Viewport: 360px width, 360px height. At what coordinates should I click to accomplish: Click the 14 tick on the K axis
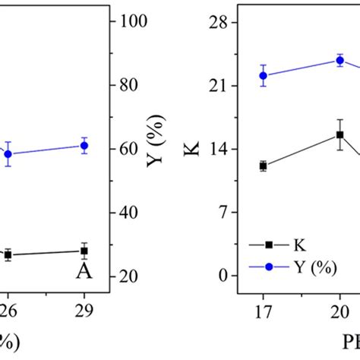[x=219, y=149]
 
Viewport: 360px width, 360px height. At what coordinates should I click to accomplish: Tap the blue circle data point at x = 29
[x=85, y=145]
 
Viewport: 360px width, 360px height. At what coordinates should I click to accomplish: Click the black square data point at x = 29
[x=85, y=251]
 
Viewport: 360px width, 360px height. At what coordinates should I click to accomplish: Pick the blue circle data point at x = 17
[x=264, y=75]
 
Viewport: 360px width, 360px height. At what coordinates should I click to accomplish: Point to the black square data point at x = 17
[x=264, y=166]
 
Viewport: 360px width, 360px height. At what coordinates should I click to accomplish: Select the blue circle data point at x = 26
[x=8, y=153]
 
